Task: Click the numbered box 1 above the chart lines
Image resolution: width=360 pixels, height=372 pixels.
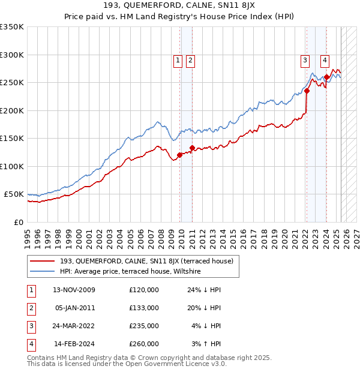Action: pos(178,59)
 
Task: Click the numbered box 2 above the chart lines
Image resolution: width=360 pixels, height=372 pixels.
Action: pos(190,59)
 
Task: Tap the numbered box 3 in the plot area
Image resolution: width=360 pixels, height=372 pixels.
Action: pos(305,59)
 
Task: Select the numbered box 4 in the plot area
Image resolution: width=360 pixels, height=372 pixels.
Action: pos(324,59)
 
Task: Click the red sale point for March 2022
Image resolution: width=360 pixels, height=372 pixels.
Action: pos(307,91)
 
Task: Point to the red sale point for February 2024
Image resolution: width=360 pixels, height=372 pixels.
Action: pos(326,77)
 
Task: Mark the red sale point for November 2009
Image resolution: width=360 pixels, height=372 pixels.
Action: pos(179,155)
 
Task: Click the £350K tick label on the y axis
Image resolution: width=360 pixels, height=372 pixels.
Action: pos(11,27)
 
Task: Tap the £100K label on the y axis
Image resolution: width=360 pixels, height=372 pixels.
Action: pos(11,166)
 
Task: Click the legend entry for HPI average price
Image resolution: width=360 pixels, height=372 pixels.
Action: pos(134,272)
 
